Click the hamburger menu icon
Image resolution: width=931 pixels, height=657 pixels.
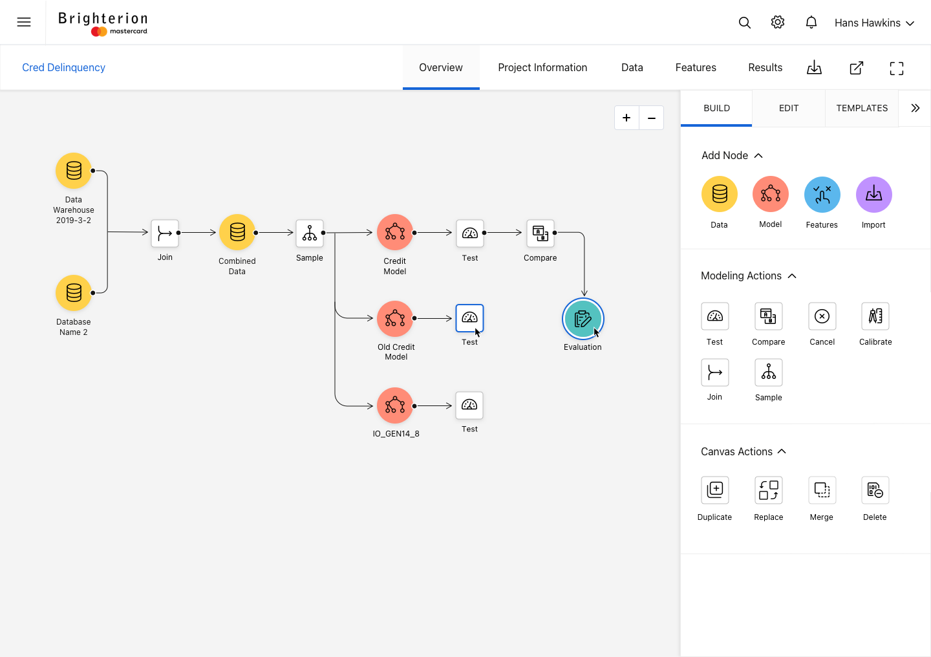24,22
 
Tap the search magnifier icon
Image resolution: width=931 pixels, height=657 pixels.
744,23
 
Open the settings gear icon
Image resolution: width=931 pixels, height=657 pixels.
777,22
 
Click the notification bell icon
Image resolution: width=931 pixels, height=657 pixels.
811,22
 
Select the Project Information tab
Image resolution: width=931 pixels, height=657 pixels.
542,67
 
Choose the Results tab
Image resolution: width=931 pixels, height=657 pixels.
765,67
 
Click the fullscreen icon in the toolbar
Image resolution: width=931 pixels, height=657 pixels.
897,68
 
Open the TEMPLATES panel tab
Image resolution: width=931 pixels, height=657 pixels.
862,108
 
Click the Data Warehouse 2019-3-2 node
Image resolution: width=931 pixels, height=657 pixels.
74,171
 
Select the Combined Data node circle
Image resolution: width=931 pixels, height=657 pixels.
237,232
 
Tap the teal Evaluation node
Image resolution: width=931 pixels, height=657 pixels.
583,319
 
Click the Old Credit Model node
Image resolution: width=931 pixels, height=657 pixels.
395,319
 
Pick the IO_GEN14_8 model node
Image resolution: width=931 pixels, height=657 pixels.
395,405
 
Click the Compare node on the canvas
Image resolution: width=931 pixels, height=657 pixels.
540,233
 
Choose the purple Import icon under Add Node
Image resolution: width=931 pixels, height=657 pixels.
873,195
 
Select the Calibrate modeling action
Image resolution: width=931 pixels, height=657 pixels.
875,316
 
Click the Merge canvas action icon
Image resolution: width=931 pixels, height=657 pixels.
822,490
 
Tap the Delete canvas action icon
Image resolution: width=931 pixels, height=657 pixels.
875,490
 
